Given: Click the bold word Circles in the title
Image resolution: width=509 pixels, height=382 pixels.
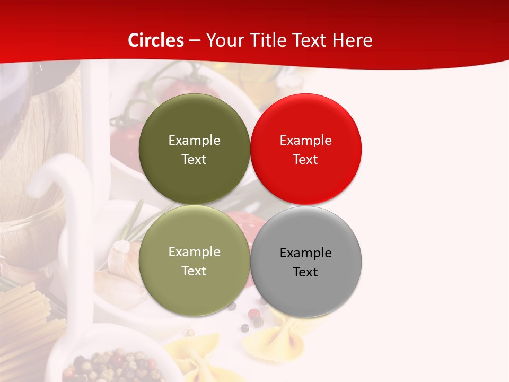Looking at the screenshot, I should [x=156, y=40].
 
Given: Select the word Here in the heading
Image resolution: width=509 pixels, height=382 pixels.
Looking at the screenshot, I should [x=353, y=40].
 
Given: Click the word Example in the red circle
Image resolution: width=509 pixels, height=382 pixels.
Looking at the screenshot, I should [x=305, y=141].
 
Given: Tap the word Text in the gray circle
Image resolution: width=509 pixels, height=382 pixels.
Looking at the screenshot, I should [x=305, y=272].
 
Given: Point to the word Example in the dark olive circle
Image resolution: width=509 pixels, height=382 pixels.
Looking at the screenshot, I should [x=194, y=141].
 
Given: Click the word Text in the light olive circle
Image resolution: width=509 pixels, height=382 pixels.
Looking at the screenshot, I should [x=194, y=271].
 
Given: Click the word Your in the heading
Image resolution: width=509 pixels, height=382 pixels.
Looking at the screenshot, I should [x=223, y=40].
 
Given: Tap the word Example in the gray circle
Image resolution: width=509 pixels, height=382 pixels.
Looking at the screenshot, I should [x=305, y=253].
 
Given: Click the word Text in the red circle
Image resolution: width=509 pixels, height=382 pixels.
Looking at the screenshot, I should [x=305, y=160].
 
